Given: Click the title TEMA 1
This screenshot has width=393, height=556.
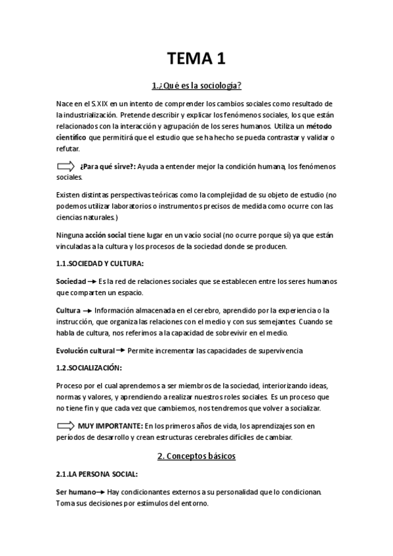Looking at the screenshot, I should [196, 60].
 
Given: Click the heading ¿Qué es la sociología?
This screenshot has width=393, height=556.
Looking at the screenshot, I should [196, 86].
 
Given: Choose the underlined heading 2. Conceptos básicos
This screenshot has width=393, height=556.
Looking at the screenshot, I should [196, 455].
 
